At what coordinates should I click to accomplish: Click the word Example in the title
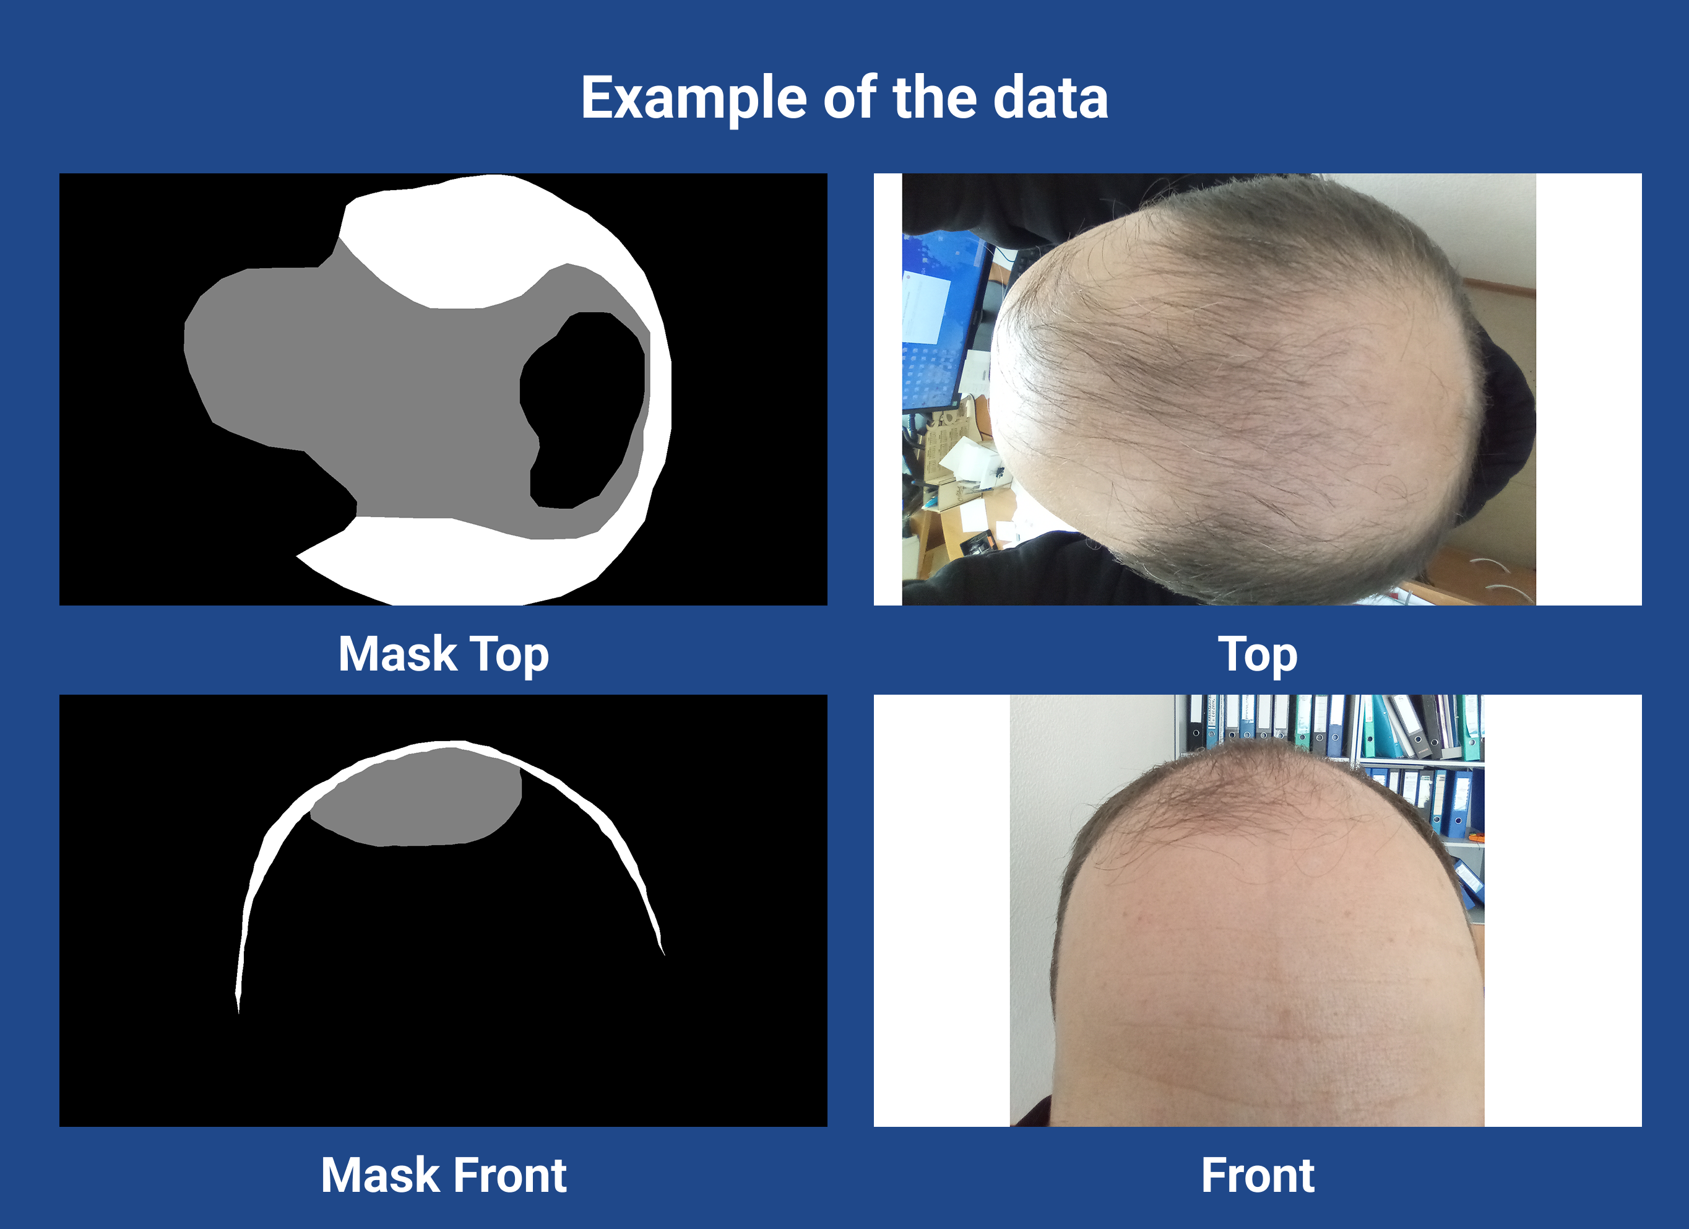coord(693,99)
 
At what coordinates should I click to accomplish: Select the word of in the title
coord(850,98)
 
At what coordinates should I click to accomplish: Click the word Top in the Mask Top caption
coord(510,656)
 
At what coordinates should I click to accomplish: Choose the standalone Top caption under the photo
coord(1258,656)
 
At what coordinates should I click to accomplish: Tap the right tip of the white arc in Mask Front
coord(664,954)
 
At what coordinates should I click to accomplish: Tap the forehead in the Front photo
coord(1266,968)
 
